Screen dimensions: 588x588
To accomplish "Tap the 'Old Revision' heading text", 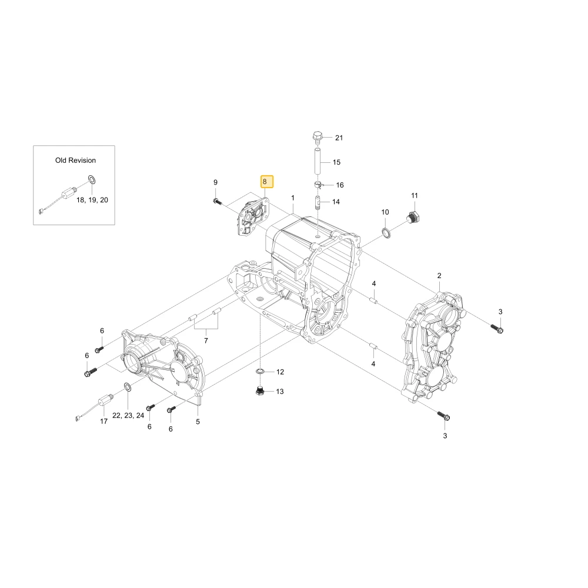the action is tap(75, 161).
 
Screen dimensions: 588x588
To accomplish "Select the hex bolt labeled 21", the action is tap(318, 138).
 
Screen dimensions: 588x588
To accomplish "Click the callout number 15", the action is tap(337, 162).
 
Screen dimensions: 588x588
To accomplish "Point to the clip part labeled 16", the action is tap(318, 185).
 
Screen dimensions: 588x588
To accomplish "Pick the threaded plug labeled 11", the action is tap(413, 217).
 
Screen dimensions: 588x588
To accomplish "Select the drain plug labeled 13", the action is tap(260, 390).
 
